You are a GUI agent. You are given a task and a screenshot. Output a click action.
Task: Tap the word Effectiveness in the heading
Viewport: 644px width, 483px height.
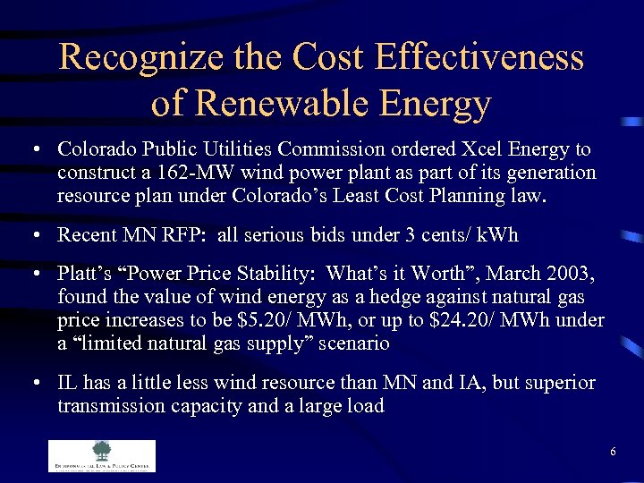[479, 58]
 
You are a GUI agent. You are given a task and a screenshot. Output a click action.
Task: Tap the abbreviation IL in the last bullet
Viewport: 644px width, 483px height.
[66, 384]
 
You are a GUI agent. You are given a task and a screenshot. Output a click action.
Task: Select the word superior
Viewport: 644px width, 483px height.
[558, 384]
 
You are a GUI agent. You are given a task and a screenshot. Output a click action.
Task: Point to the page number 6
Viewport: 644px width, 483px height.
[613, 452]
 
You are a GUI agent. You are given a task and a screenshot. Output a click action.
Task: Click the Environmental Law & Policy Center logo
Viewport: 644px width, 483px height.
[101, 455]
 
